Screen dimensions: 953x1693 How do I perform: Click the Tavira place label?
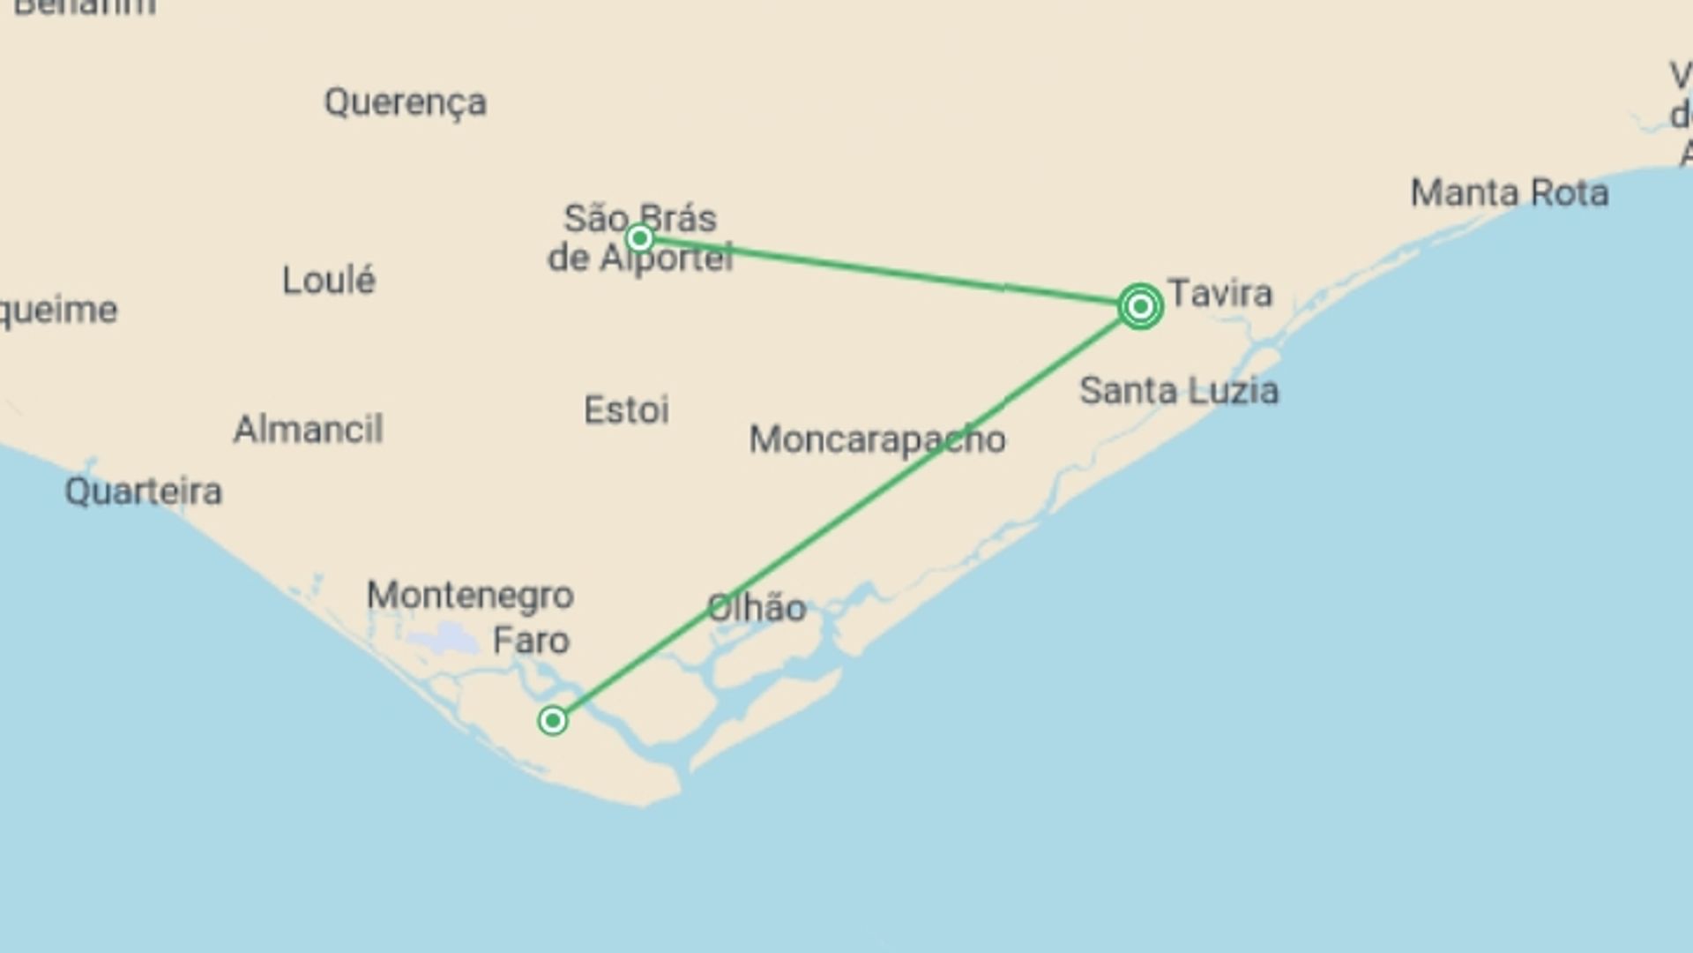(1219, 293)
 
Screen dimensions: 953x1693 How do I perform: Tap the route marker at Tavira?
(1140, 306)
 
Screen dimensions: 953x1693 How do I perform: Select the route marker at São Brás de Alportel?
(640, 238)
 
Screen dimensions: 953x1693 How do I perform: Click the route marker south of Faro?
(553, 721)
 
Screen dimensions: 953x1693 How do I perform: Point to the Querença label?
(405, 102)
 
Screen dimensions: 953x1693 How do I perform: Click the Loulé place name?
(329, 281)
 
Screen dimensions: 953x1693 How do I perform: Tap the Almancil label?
(308, 430)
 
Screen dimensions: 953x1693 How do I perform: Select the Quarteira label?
(143, 492)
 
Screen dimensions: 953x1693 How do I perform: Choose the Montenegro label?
(470, 596)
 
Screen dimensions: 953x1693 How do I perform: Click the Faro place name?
(531, 641)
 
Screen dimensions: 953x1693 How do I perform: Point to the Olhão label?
(757, 608)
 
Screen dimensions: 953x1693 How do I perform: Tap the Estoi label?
(626, 410)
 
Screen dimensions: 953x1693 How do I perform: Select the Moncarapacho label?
(876, 439)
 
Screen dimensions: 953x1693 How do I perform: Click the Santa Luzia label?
(1179, 391)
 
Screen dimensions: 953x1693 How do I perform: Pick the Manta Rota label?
(1509, 193)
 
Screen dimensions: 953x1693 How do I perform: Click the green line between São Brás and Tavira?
(891, 272)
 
